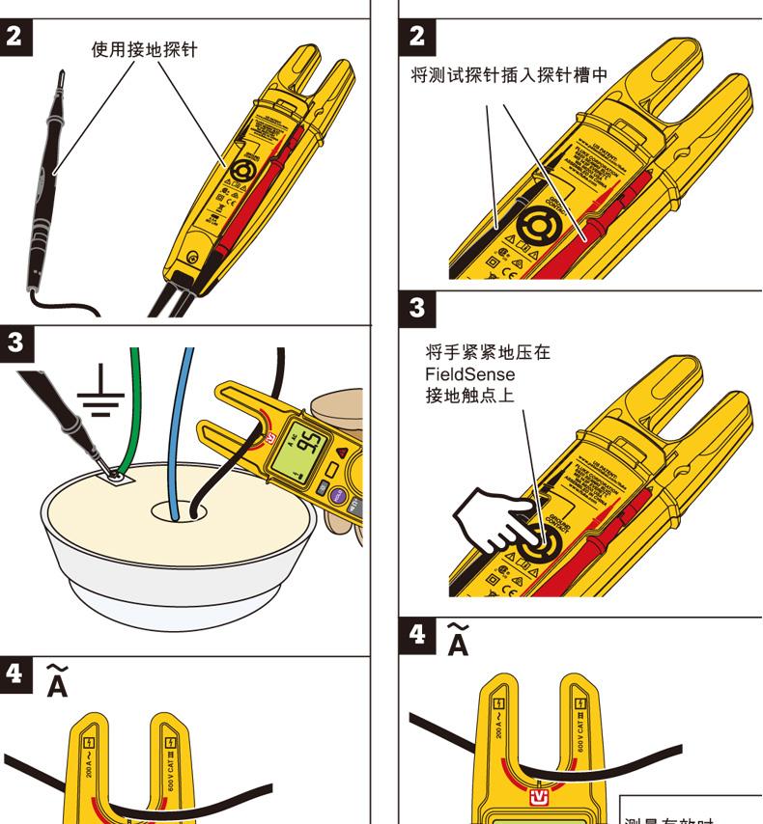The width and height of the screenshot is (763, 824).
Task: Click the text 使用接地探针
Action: click(x=144, y=49)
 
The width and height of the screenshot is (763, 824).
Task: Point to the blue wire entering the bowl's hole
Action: click(x=178, y=434)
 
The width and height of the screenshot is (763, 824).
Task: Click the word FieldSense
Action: click(x=464, y=373)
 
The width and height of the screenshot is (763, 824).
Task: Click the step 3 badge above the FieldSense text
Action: click(x=417, y=308)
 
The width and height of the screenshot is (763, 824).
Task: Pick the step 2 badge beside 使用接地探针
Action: click(x=16, y=37)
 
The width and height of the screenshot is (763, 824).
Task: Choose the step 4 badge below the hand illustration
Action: click(x=417, y=635)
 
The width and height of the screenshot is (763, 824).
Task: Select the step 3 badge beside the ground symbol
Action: click(x=16, y=343)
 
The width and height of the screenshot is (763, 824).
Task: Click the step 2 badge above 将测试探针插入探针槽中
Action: click(x=417, y=37)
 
